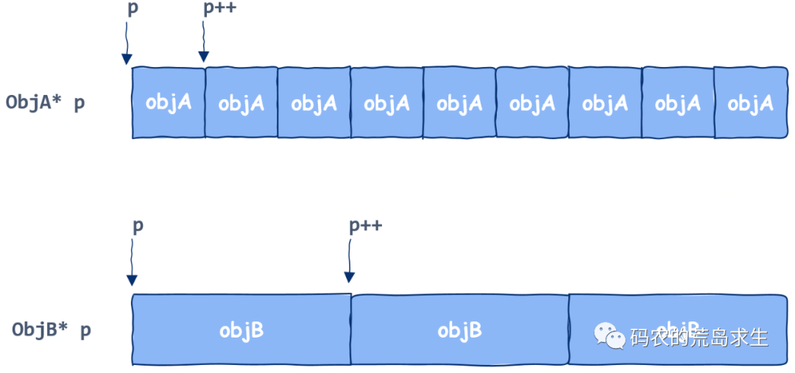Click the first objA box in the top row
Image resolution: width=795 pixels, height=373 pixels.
coord(169,102)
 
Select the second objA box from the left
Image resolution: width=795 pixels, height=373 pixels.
coord(241,102)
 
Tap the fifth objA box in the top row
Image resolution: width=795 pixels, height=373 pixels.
coord(459,102)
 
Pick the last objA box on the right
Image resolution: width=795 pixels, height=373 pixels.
coord(750,102)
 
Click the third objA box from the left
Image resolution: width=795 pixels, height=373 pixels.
coord(314,102)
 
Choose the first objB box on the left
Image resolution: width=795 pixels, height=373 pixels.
coord(241,330)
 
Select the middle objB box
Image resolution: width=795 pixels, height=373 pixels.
coord(459,330)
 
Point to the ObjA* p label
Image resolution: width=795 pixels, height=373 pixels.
coord(45,102)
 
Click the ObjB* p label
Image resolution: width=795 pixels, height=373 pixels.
coord(51,330)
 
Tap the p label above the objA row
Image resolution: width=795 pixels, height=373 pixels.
coord(132,8)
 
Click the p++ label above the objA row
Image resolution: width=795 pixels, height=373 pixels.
coord(219,8)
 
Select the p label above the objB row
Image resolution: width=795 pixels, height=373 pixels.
coord(138,225)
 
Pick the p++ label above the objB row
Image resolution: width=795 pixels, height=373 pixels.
coord(365,225)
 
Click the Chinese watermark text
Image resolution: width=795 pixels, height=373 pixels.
coord(699,337)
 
